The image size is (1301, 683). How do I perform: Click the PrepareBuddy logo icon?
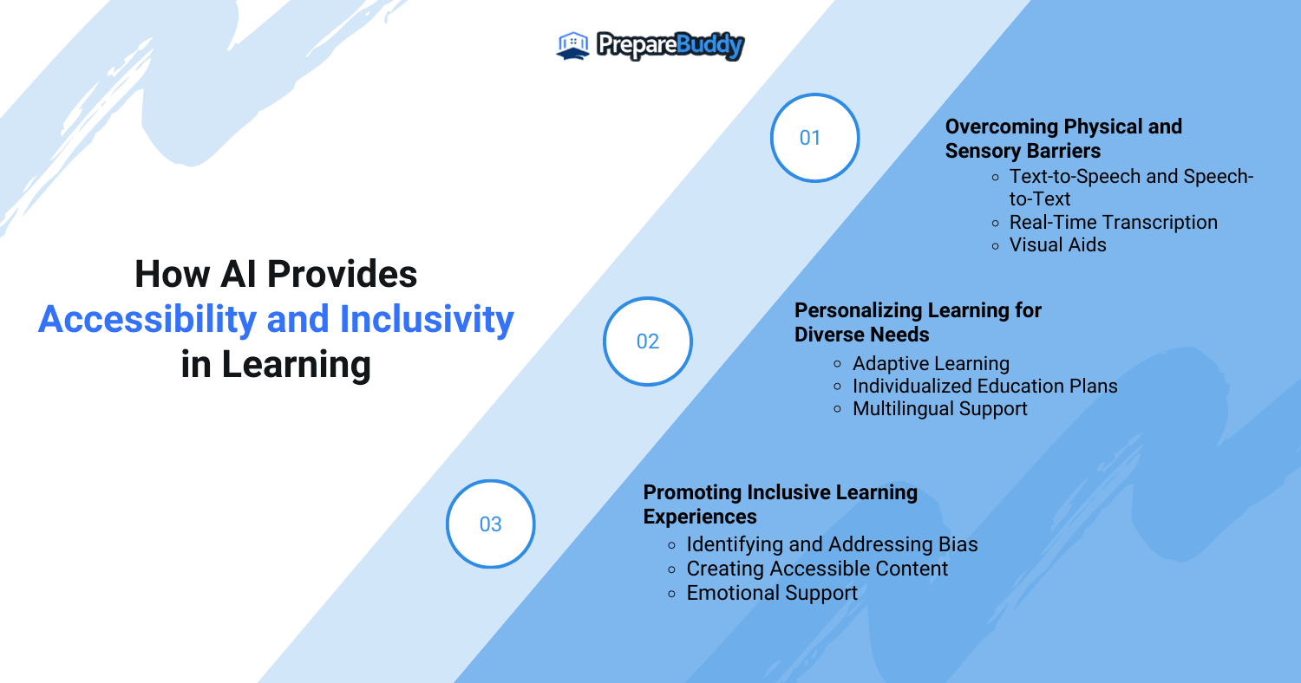[572, 46]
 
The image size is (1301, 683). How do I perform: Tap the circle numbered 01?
[814, 138]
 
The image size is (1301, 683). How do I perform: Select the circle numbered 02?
[648, 341]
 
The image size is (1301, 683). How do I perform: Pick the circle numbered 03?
[491, 524]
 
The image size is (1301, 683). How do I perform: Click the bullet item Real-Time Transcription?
[1113, 223]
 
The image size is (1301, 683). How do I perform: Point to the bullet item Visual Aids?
[1057, 245]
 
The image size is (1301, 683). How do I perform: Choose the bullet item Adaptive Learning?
[931, 364]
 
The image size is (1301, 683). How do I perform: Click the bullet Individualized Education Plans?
[984, 387]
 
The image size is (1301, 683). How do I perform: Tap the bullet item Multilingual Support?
[939, 409]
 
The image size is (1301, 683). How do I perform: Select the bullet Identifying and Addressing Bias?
[832, 545]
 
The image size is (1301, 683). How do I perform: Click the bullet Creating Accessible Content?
[817, 569]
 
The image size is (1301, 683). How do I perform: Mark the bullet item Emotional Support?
[772, 594]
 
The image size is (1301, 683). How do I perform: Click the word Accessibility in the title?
[147, 320]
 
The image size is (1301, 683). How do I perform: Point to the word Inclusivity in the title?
[427, 320]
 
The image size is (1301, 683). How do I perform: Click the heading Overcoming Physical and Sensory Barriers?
[1063, 139]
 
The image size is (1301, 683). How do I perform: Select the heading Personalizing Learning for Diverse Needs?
[918, 322]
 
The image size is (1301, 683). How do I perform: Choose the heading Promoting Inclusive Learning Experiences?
[780, 504]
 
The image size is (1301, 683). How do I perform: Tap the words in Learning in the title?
[276, 365]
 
